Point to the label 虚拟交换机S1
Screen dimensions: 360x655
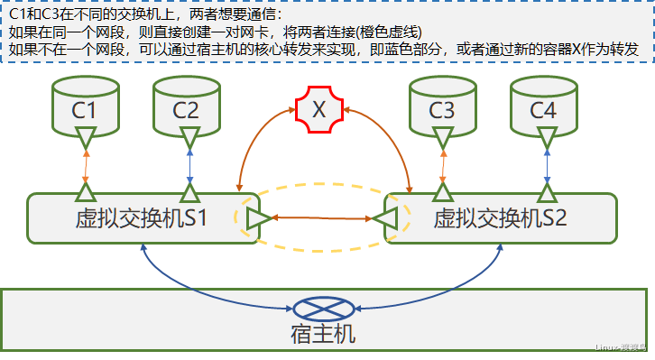click(142, 217)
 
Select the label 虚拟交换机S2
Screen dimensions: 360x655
click(500, 217)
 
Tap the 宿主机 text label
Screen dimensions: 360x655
click(323, 335)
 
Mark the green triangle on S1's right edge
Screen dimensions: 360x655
click(256, 217)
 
